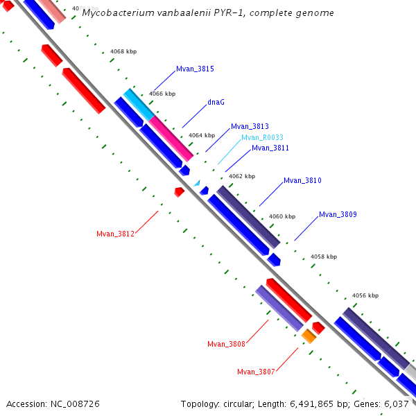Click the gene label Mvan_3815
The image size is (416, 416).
pyautogui.click(x=195, y=69)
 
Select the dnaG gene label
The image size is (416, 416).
pyautogui.click(x=216, y=102)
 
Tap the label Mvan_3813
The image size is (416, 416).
pyautogui.click(x=250, y=126)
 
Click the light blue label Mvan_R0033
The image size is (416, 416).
pyautogui.click(x=262, y=137)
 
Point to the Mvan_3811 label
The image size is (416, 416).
pyautogui.click(x=270, y=148)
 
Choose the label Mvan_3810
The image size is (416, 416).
pyautogui.click(x=302, y=180)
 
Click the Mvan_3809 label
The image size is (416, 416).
pyautogui.click(x=338, y=214)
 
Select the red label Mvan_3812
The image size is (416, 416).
pyautogui.click(x=115, y=234)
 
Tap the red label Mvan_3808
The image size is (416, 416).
pyautogui.click(x=226, y=344)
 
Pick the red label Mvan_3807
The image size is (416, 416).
pyautogui.click(x=256, y=372)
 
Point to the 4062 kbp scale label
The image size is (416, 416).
pyautogui.click(x=242, y=176)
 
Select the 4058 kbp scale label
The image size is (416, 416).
pyautogui.click(x=324, y=257)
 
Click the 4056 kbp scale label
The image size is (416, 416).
pyautogui.click(x=365, y=295)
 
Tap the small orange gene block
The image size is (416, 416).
pyautogui.click(x=309, y=336)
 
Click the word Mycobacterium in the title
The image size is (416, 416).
pyautogui.click(x=114, y=13)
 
